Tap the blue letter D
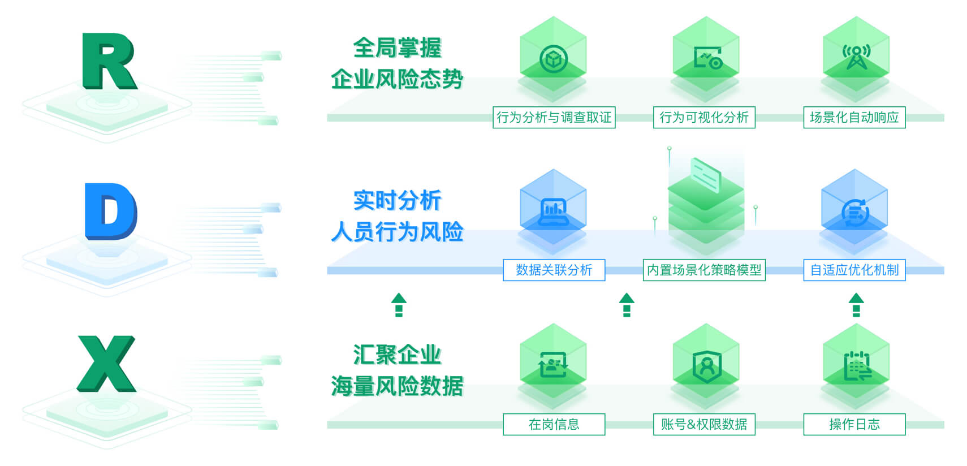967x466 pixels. (x=110, y=211)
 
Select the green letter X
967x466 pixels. (x=107, y=364)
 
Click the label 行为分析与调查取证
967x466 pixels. (x=554, y=118)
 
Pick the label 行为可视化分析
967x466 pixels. (x=704, y=118)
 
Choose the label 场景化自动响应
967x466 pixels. (x=854, y=118)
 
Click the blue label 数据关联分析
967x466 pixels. (x=554, y=270)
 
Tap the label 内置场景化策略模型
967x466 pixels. (x=704, y=270)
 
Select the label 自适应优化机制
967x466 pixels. (x=854, y=270)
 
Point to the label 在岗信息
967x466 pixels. (x=554, y=424)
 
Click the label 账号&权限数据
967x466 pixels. (x=704, y=424)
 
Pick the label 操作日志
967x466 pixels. (x=854, y=424)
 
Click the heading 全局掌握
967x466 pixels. (x=397, y=48)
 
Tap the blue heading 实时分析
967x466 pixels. (x=397, y=200)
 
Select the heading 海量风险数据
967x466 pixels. (x=397, y=386)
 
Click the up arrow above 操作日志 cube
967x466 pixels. (x=856, y=304)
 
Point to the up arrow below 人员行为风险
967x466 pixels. (x=399, y=304)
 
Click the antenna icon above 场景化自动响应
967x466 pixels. (x=856, y=57)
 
